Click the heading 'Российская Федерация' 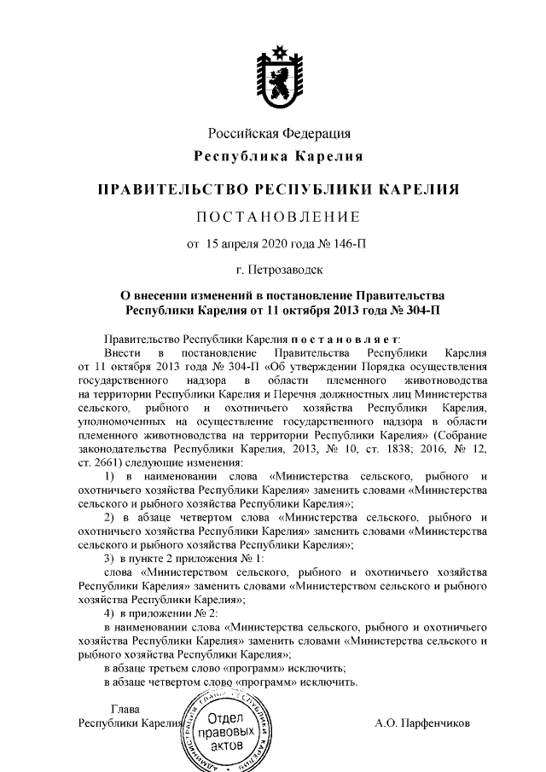point(279,134)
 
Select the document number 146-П point(352,245)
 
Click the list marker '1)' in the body point(109,474)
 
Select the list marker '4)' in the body point(109,614)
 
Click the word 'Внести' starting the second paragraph point(119,352)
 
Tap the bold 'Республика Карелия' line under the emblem point(279,157)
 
